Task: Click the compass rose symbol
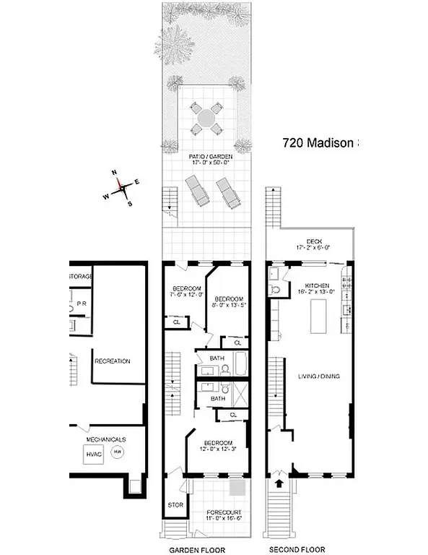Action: [x=123, y=187]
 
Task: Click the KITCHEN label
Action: [x=317, y=287]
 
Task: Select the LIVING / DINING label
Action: [x=319, y=376]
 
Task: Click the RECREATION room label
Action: [x=112, y=361]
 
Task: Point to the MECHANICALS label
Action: [x=106, y=439]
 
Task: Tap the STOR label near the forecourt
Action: [x=175, y=504]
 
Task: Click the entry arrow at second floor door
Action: [x=279, y=483]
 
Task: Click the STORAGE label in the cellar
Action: [x=80, y=277]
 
